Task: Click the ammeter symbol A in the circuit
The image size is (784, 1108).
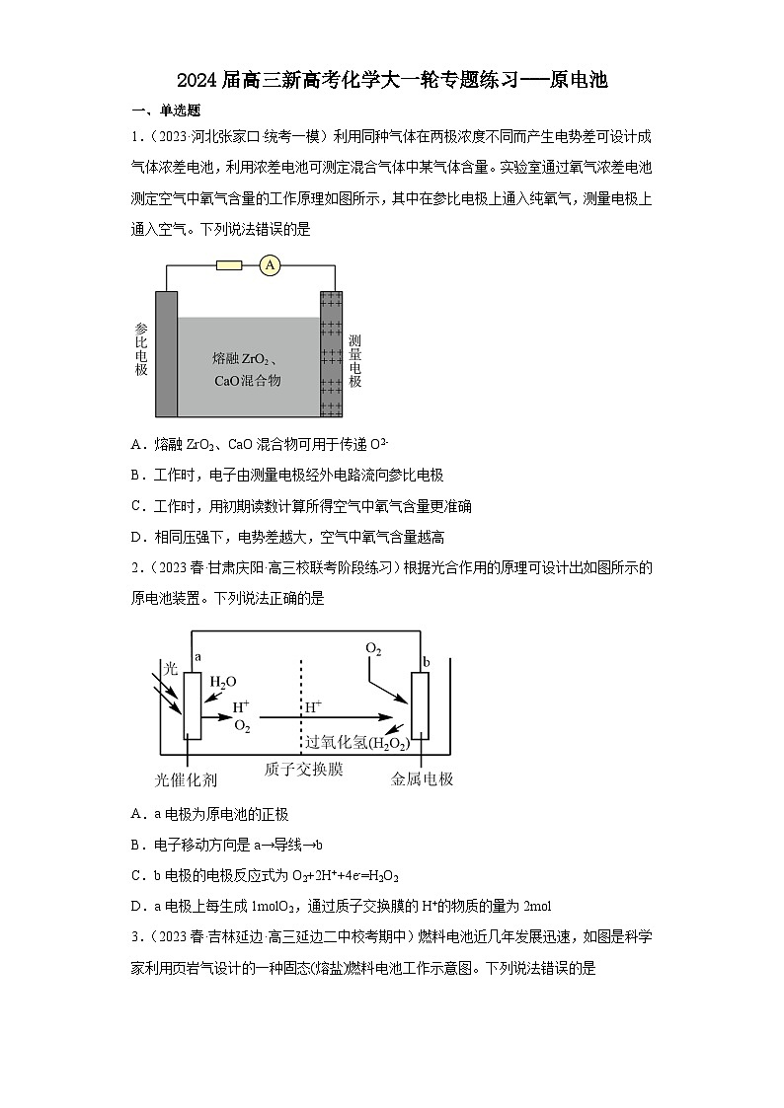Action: click(270, 264)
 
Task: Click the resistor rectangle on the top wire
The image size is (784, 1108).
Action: click(228, 264)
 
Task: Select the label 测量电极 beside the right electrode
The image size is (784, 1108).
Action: click(354, 359)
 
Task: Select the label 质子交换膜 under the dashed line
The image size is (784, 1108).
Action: click(303, 769)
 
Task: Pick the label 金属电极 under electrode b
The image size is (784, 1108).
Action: click(422, 779)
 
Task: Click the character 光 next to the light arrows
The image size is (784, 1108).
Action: click(169, 668)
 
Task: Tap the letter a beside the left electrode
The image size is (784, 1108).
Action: click(198, 656)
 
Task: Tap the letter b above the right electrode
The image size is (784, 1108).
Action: click(426, 660)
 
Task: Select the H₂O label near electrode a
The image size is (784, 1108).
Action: click(223, 682)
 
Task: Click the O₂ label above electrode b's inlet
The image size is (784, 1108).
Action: click(373, 648)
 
